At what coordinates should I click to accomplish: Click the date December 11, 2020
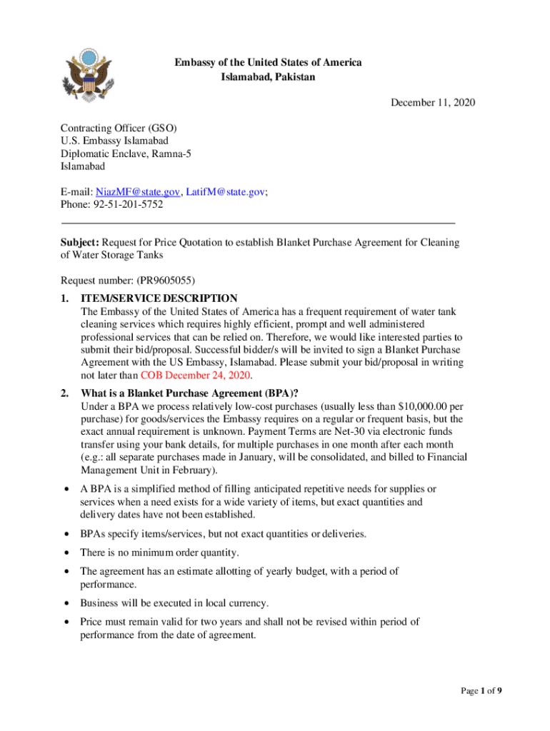(x=432, y=103)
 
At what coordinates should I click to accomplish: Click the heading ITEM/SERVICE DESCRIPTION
(x=159, y=298)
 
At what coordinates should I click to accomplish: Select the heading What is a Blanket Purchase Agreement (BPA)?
(x=189, y=393)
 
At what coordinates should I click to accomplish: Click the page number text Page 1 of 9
(x=486, y=690)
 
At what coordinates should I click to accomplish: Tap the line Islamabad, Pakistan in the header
(x=268, y=76)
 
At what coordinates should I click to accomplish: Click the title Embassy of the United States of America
(x=268, y=63)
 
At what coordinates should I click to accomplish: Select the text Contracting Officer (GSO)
(x=119, y=128)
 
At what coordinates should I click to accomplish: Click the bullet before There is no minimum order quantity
(x=66, y=553)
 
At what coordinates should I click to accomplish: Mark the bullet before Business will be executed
(x=66, y=603)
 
